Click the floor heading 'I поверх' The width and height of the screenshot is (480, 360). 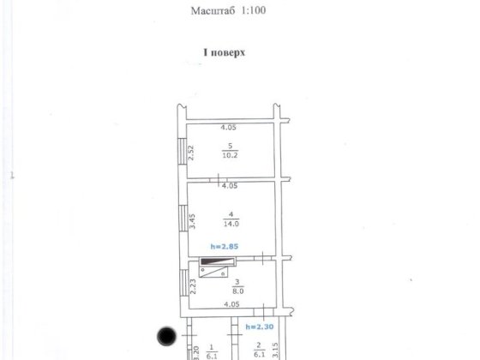pos(224,52)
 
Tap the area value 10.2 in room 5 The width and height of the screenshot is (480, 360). pos(230,155)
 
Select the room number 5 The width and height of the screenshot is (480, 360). pos(230,146)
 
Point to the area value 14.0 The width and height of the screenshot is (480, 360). pos(230,225)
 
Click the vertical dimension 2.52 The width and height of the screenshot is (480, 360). pos(192,153)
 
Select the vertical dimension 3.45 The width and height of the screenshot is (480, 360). pos(192,221)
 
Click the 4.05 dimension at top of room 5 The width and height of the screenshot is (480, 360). pos(229,128)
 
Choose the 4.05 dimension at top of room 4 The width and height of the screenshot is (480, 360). pos(229,185)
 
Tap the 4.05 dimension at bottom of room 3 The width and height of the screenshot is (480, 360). pos(229,303)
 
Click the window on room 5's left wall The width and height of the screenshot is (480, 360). pos(181,153)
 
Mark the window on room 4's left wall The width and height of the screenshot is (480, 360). pos(181,220)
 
